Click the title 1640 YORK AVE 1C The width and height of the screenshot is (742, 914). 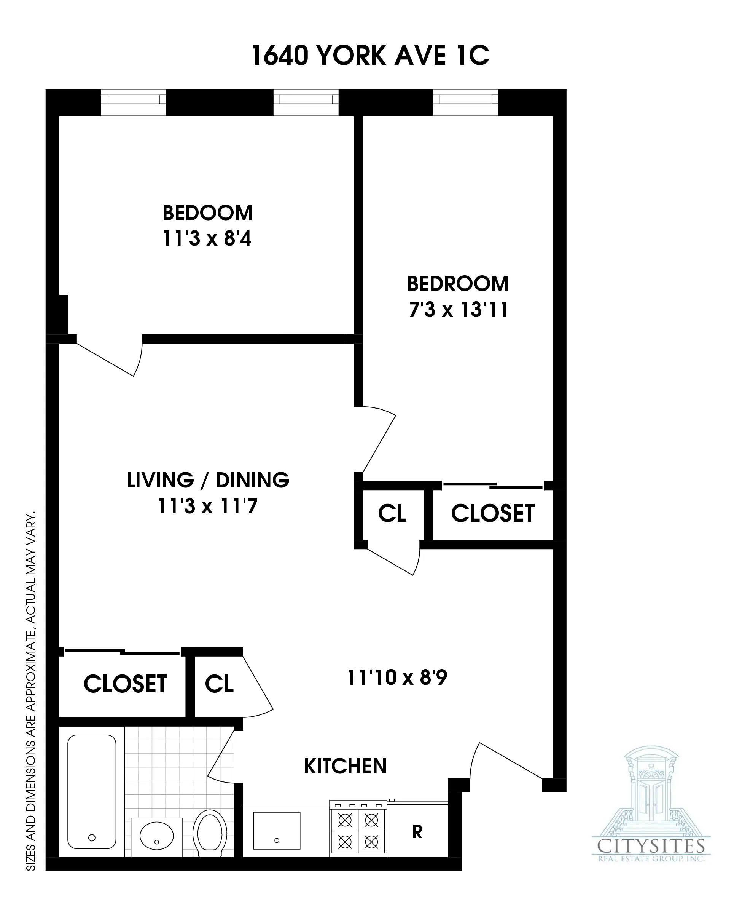pyautogui.click(x=370, y=56)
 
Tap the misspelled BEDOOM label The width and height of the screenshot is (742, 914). pyautogui.click(x=208, y=213)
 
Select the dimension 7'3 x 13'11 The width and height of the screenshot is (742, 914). pyautogui.click(x=459, y=310)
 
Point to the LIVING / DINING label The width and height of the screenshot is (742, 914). pyautogui.click(x=208, y=480)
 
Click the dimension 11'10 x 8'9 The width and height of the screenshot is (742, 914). pyautogui.click(x=397, y=678)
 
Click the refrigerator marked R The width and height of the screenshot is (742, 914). pyautogui.click(x=417, y=831)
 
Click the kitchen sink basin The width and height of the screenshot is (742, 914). pyautogui.click(x=277, y=831)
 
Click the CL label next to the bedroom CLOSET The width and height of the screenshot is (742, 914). pyautogui.click(x=392, y=513)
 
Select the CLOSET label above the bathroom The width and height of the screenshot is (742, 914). pyautogui.click(x=125, y=684)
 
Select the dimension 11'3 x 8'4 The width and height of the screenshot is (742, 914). pyautogui.click(x=207, y=239)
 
